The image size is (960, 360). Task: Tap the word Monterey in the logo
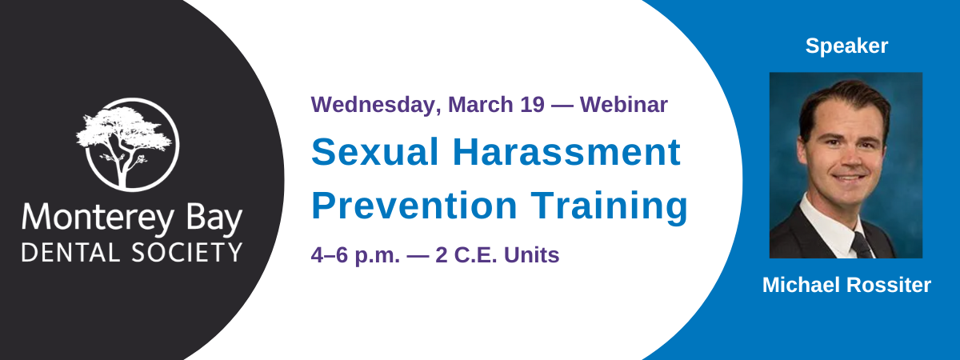pos(98,218)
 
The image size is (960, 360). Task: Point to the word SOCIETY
pos(187,253)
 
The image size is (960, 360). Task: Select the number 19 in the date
pos(532,105)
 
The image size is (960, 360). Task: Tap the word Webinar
pos(624,105)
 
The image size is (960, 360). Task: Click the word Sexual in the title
pos(375,152)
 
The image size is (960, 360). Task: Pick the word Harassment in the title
pos(566,152)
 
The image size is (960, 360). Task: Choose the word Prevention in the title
pos(414,206)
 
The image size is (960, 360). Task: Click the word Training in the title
pos(609,207)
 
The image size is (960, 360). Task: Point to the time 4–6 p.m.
pos(355,256)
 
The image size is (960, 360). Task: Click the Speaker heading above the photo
pos(846,46)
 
